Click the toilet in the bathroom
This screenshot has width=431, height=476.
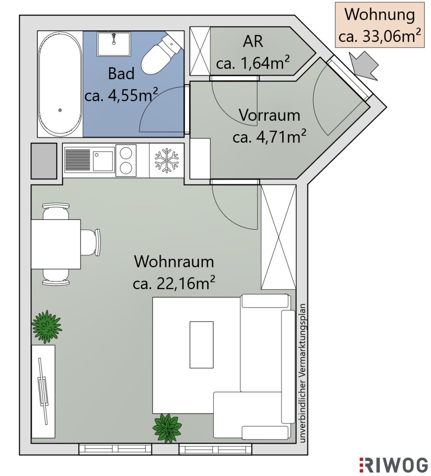click(161, 55)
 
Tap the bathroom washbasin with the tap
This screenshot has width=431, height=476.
click(114, 44)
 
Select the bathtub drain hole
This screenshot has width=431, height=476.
click(60, 110)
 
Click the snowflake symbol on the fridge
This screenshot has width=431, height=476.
click(166, 160)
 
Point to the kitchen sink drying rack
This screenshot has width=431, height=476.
click(78, 160)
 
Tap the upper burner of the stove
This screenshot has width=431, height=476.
click(126, 153)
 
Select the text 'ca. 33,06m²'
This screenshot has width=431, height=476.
click(380, 36)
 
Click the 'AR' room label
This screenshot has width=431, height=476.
click(253, 41)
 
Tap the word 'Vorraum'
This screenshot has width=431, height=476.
click(269, 115)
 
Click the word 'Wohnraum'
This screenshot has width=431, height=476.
click(174, 262)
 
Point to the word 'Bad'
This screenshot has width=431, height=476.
click(121, 74)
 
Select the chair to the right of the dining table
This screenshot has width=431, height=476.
click(91, 242)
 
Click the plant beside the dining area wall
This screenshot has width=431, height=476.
click(46, 327)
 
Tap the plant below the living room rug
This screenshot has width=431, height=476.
click(167, 428)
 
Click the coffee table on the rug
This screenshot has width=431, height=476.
click(201, 345)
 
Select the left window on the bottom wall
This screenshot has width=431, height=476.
click(115, 449)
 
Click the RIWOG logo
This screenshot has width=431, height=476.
click(393, 465)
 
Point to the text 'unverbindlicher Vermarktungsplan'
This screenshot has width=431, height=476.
click(302, 373)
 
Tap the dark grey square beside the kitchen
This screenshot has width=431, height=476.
click(44, 161)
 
